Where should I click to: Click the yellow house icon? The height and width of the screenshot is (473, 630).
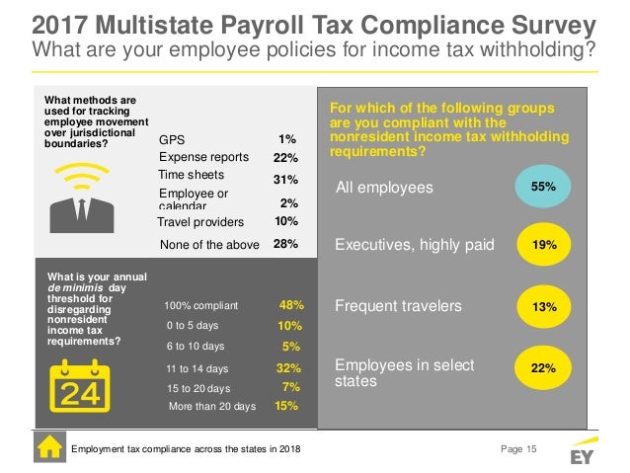[x=49, y=448]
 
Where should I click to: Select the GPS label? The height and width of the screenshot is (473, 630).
[x=172, y=140]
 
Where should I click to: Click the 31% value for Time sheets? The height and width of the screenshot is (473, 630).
[x=284, y=180]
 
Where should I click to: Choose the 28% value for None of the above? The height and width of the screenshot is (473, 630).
[x=284, y=243]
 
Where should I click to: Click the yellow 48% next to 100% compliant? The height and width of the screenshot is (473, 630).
[x=291, y=305]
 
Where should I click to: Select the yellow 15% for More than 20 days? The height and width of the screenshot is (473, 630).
[x=285, y=405]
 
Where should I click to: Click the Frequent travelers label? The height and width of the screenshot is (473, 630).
[x=399, y=307]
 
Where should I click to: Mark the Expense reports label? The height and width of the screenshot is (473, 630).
[x=203, y=157]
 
